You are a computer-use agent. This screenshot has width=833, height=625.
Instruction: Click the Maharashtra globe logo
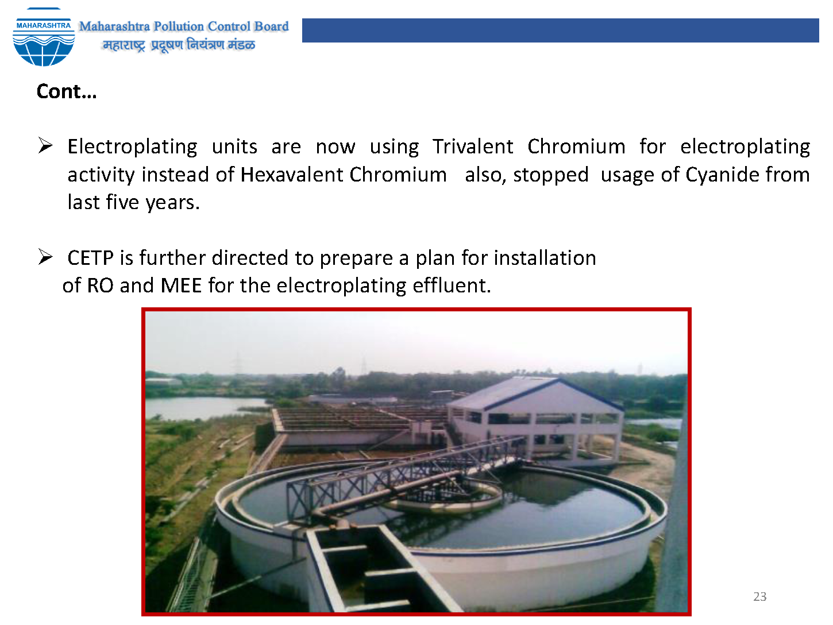coord(44,37)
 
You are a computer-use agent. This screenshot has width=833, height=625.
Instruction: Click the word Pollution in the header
coord(178,26)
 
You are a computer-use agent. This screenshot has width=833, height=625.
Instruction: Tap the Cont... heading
coord(67,91)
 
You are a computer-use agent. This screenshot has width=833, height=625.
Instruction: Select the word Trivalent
coord(472,146)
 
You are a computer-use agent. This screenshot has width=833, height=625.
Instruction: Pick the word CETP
coord(90,258)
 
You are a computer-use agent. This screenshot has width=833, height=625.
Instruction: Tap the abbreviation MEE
coord(181,286)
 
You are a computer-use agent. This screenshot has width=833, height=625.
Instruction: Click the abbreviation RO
coord(100,286)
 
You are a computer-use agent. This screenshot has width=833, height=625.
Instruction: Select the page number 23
coord(760,596)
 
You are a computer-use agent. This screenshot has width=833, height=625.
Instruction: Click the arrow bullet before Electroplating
coord(45,146)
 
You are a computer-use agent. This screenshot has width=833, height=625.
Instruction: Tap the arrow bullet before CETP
coord(45,257)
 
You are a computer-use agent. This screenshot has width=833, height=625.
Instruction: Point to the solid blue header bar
coord(561,30)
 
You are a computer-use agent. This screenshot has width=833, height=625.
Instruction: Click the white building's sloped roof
coord(531,393)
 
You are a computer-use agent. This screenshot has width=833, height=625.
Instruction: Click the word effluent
coord(452,286)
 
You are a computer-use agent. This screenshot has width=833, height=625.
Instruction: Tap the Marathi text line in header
coord(179,45)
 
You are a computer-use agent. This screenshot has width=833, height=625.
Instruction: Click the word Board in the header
coord(271,26)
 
